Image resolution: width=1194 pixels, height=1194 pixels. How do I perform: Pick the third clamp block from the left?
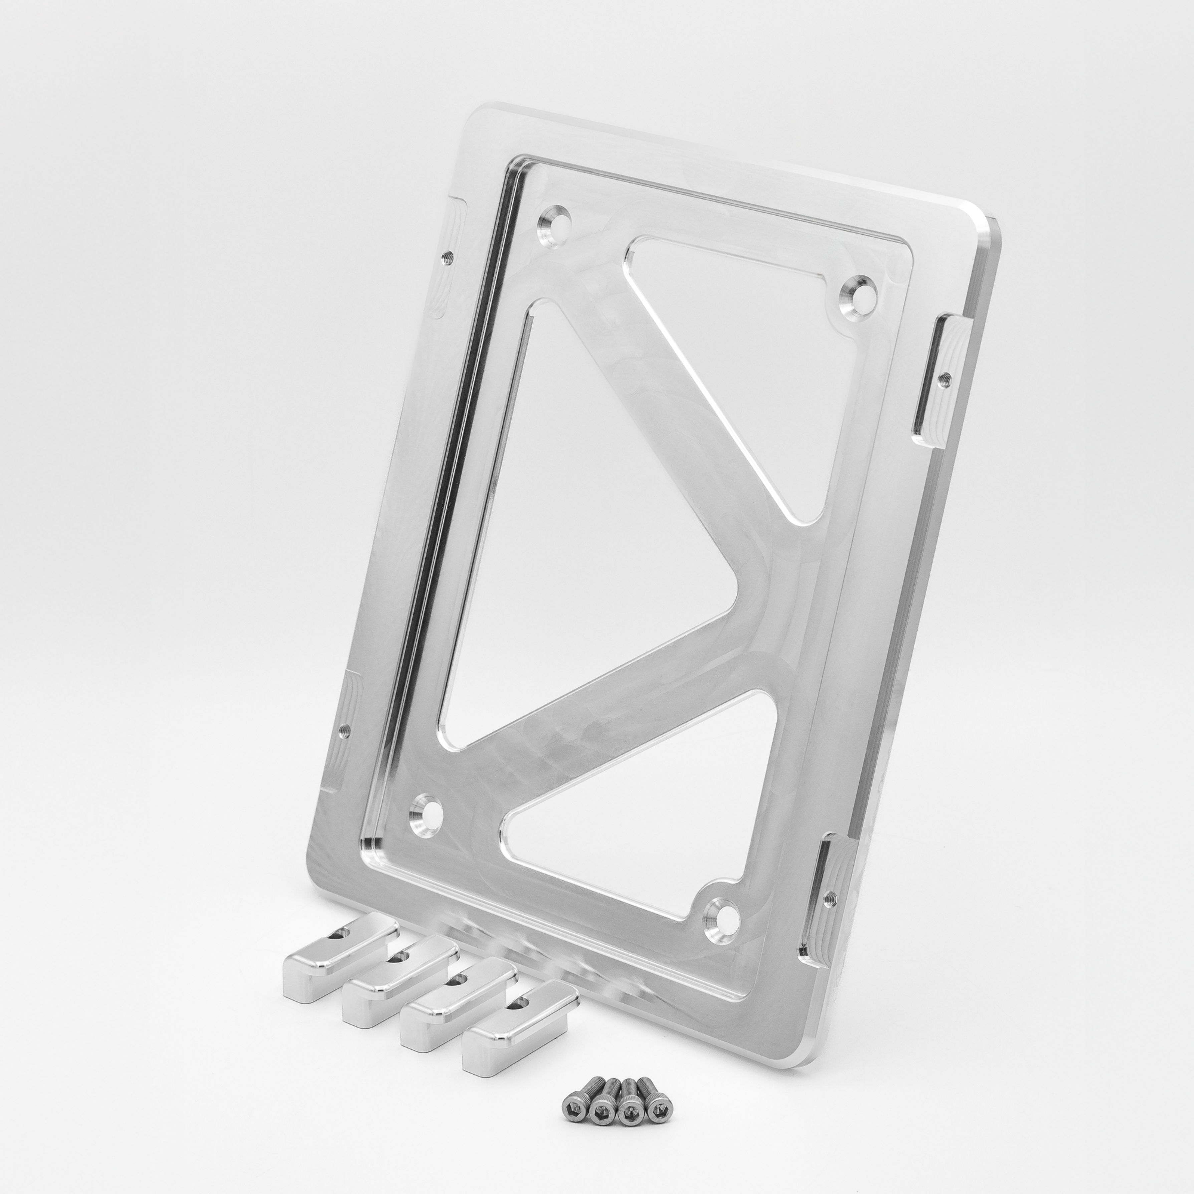click(x=457, y=996)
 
